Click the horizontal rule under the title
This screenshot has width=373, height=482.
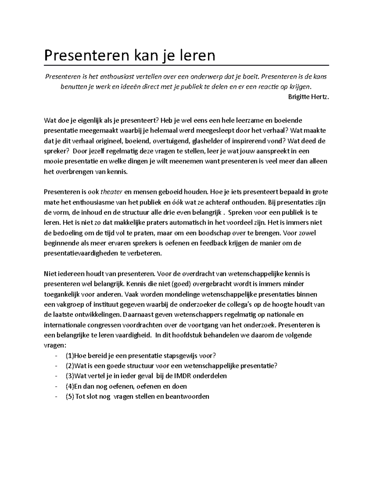pyautogui.click(x=186, y=65)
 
